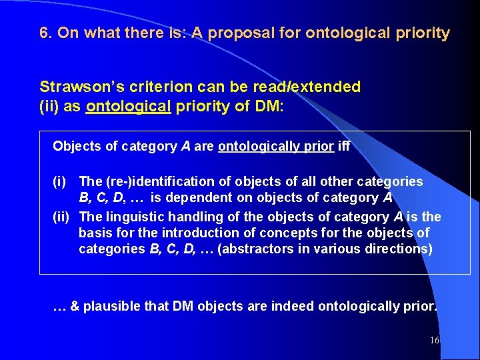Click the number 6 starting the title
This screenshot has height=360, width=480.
click(45, 33)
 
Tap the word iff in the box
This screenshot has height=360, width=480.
click(344, 146)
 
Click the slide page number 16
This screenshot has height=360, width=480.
click(435, 341)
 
